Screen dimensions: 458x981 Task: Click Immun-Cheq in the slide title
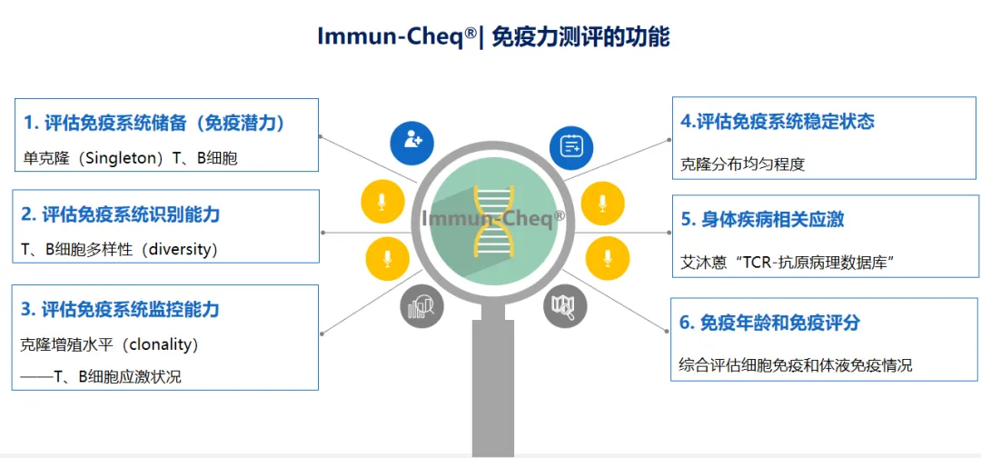coord(391,37)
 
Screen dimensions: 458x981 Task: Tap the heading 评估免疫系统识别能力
coord(131,214)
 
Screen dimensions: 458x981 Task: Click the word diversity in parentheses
coord(183,249)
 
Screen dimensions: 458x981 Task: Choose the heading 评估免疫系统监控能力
coord(131,309)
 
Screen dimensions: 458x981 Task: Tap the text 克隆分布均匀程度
coord(743,164)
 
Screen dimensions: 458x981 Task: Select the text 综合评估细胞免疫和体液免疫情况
coord(796,365)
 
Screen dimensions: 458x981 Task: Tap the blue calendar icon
coord(571,145)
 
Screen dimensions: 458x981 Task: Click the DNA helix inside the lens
coord(491,219)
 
